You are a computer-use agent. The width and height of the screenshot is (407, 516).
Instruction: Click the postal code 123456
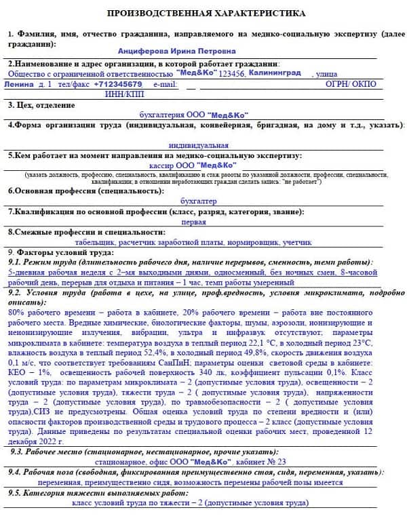pyautogui.click(x=232, y=73)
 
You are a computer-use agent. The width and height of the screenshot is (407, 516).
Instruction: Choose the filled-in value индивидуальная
pyautogui.click(x=199, y=145)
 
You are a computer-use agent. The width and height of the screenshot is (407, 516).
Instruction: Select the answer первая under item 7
pyautogui.click(x=193, y=222)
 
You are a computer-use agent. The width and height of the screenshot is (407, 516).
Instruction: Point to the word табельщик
pyautogui.click(x=96, y=241)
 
